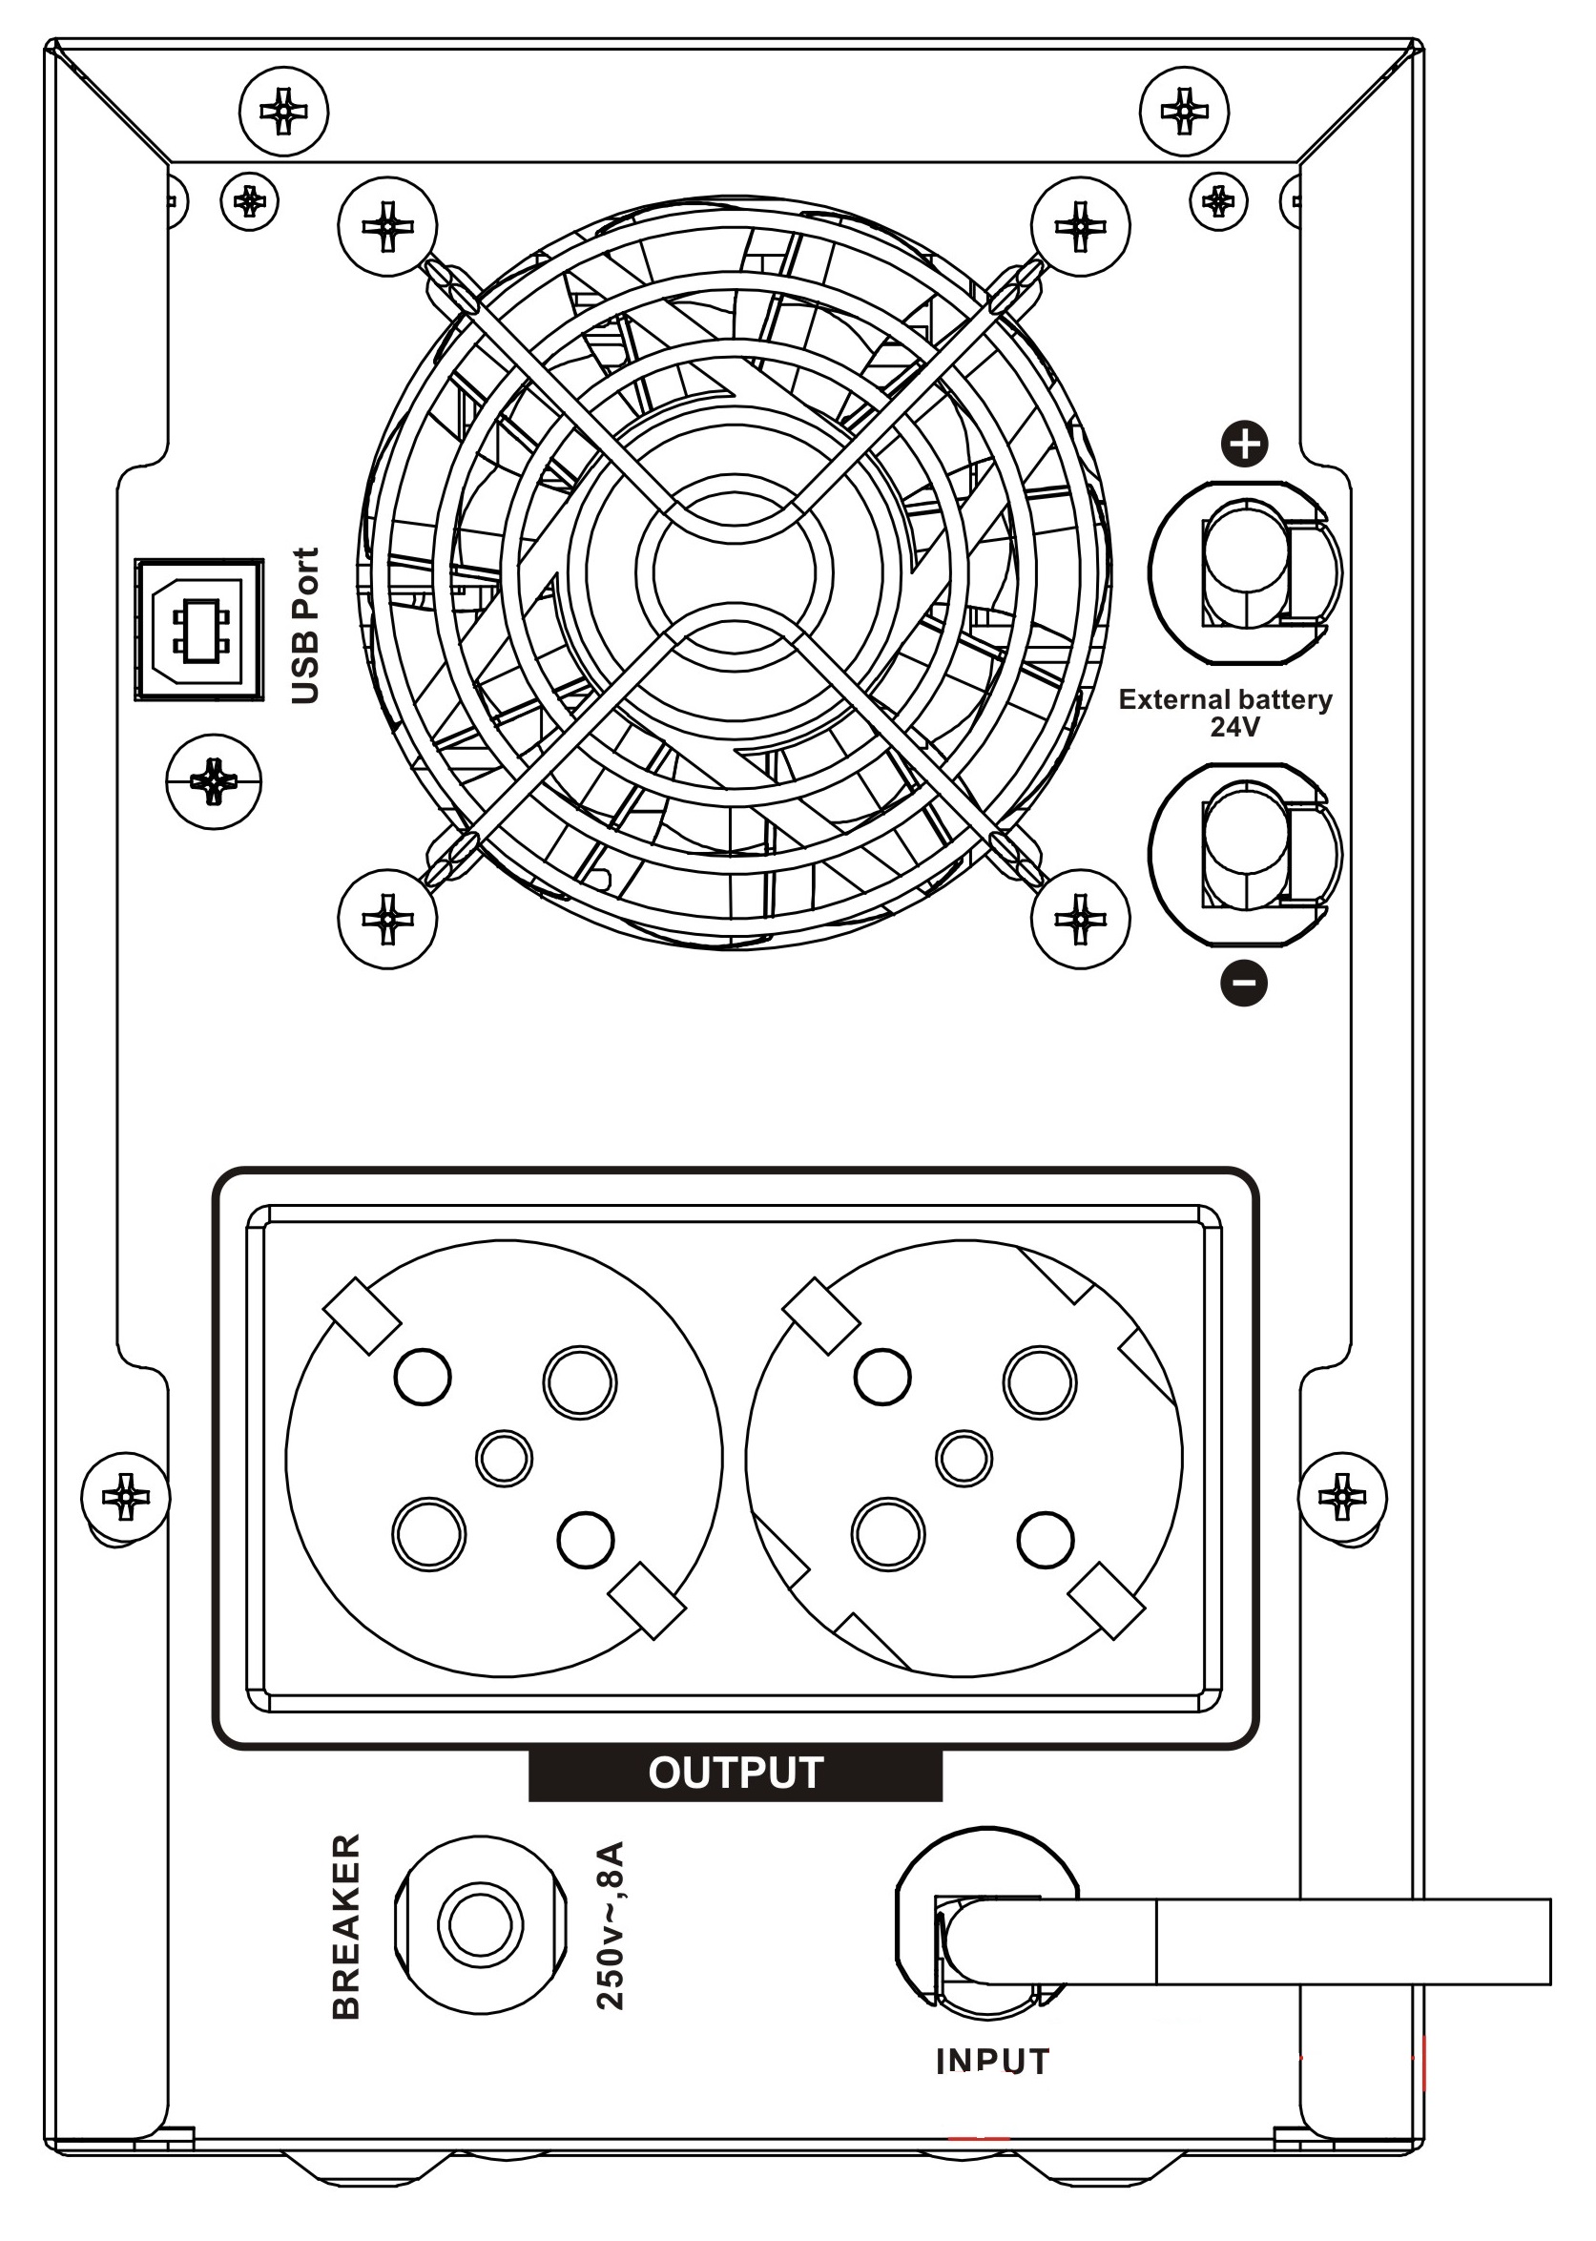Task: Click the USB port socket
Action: (199, 630)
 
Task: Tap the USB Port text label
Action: (306, 626)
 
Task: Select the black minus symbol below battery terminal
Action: (1243, 982)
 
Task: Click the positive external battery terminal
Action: (1244, 572)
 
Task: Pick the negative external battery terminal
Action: (1244, 853)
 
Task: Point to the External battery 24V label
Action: (1226, 713)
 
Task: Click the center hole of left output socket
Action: (504, 1458)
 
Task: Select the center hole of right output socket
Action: (964, 1458)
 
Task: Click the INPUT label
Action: (992, 2062)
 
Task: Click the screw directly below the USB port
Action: (215, 781)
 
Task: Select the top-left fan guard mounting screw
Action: (387, 227)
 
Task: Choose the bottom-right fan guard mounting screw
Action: (1080, 919)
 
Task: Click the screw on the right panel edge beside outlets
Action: (1341, 1499)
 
